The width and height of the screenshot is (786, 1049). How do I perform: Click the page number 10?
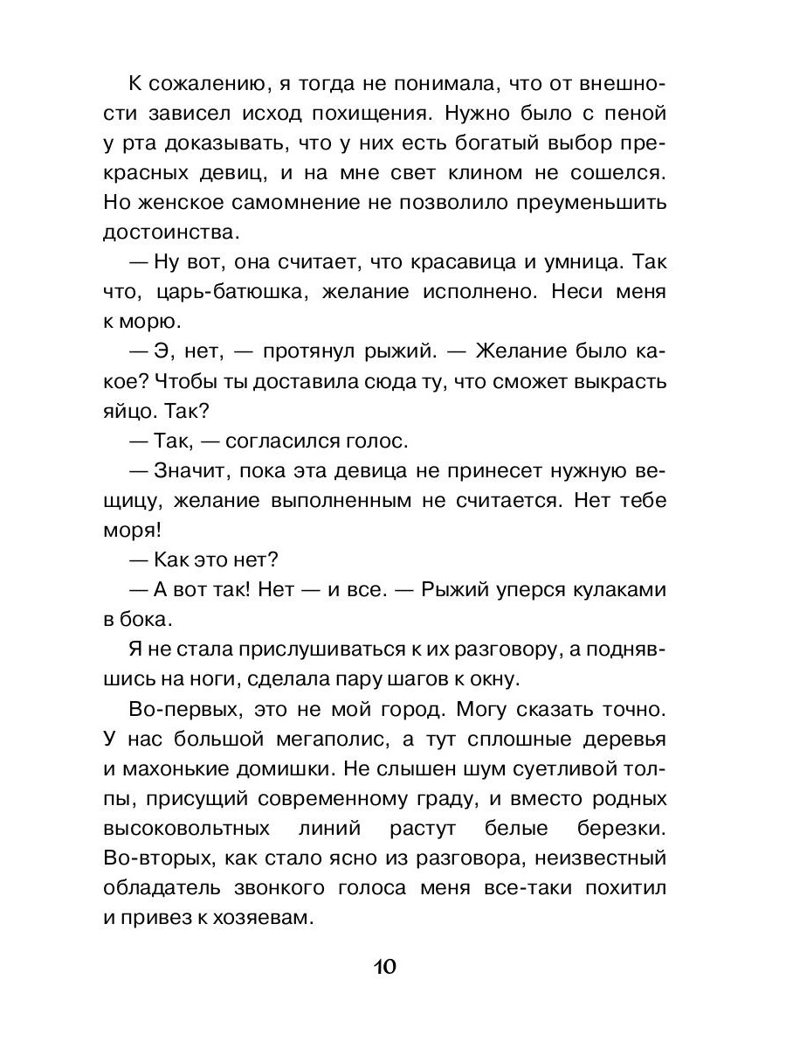(x=385, y=967)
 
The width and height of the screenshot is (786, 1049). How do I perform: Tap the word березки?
(x=618, y=828)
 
